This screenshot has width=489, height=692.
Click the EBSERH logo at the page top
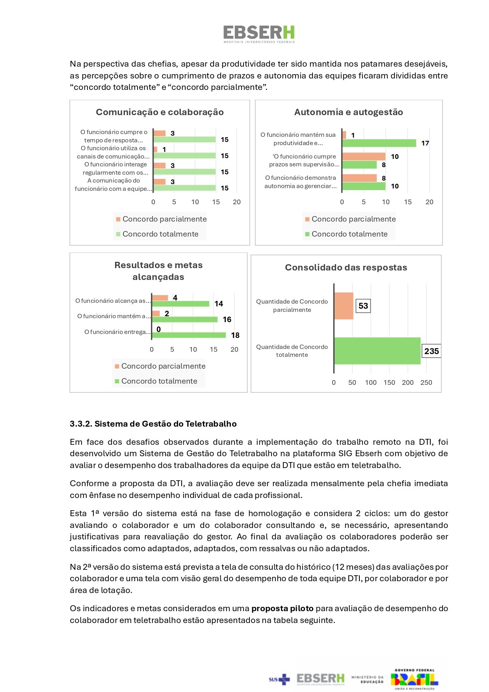(x=259, y=34)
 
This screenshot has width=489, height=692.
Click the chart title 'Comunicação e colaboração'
(x=160, y=112)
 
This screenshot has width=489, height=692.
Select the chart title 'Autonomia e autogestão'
(x=348, y=112)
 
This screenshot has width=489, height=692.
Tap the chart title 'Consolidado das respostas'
(x=346, y=267)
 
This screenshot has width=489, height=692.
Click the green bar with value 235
(x=377, y=351)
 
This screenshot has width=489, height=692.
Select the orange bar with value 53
(x=344, y=306)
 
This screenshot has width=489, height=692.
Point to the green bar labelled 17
(x=379, y=143)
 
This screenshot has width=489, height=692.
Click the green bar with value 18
(x=189, y=335)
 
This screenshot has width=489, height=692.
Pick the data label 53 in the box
(x=363, y=306)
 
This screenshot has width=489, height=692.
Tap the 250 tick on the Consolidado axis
(x=426, y=382)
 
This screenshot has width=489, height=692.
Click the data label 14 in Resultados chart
(x=219, y=304)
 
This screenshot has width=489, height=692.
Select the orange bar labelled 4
(x=160, y=298)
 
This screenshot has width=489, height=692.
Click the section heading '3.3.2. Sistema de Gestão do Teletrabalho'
(x=153, y=424)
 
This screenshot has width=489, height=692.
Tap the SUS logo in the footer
(x=279, y=679)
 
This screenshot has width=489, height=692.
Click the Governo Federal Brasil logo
(x=415, y=679)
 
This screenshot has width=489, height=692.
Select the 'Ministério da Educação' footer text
(x=367, y=679)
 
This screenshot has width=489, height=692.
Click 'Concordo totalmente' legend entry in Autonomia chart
(x=350, y=234)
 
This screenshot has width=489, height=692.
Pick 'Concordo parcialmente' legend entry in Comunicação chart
(x=164, y=219)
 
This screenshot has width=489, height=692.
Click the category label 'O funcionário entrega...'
(x=117, y=332)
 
